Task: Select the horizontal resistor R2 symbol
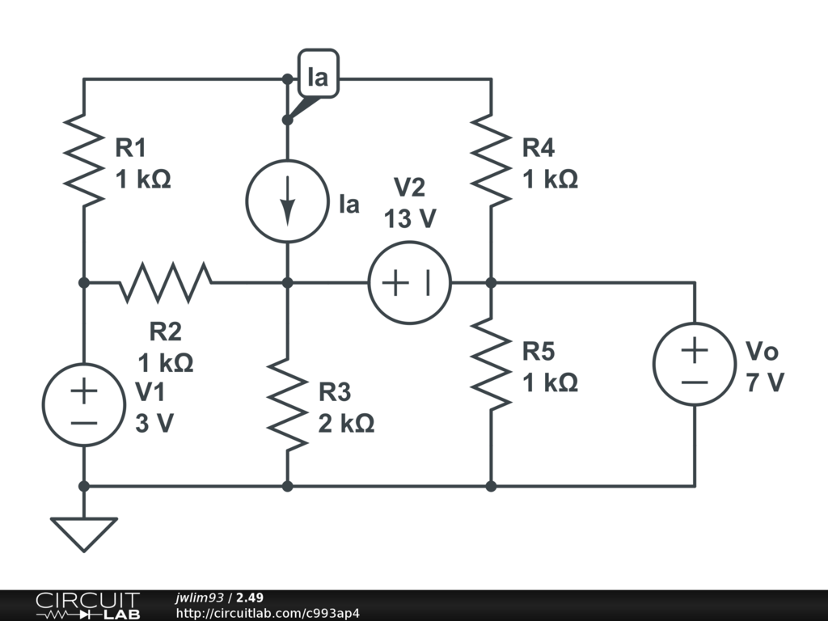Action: point(166,282)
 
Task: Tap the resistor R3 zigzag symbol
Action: point(287,403)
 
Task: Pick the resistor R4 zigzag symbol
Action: point(491,159)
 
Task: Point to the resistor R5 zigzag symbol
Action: point(491,361)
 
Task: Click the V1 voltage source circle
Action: point(84,404)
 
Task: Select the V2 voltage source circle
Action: point(409,283)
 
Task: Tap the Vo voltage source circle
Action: point(694,364)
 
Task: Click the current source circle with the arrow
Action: point(287,201)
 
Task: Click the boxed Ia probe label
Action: point(318,78)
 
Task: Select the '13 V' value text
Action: point(409,218)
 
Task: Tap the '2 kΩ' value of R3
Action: point(346,423)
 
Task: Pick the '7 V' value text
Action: point(764,382)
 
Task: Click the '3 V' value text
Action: point(154,423)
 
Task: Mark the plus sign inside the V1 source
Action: point(84,391)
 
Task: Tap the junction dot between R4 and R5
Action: point(491,283)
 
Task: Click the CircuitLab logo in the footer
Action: point(87,605)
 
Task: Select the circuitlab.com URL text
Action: point(267,613)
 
